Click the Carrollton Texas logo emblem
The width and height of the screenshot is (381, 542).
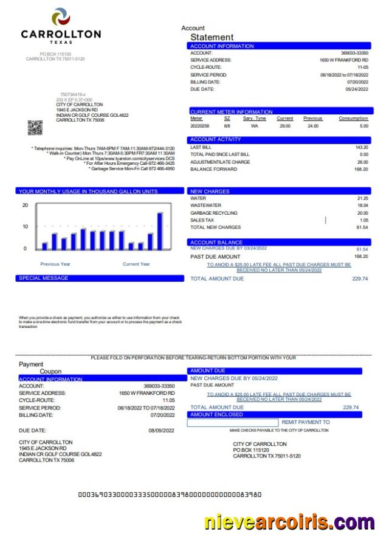point(61,16)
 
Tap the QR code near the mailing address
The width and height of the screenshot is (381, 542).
point(35,128)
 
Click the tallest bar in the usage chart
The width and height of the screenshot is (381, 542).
point(160,231)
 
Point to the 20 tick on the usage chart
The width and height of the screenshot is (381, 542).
point(25,205)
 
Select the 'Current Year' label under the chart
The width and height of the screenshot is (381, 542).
point(136,264)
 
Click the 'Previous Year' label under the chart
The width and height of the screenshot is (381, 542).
point(55,264)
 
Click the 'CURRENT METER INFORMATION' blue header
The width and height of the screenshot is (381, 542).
point(232,112)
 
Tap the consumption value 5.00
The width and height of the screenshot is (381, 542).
point(363,126)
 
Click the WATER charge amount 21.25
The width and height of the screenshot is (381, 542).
point(363,198)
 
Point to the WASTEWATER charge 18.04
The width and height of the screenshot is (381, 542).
point(363,206)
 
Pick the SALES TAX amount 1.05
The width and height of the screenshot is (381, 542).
point(363,220)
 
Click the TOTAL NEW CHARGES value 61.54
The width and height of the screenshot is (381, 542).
point(362,228)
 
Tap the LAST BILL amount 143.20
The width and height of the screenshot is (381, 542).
point(362,147)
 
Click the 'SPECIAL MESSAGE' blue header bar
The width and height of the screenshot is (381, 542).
point(100,278)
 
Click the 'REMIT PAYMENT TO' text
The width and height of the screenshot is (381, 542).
point(306,422)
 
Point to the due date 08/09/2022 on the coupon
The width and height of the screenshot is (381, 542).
point(161,430)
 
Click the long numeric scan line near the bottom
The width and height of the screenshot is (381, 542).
point(170,495)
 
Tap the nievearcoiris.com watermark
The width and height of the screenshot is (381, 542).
point(289,522)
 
